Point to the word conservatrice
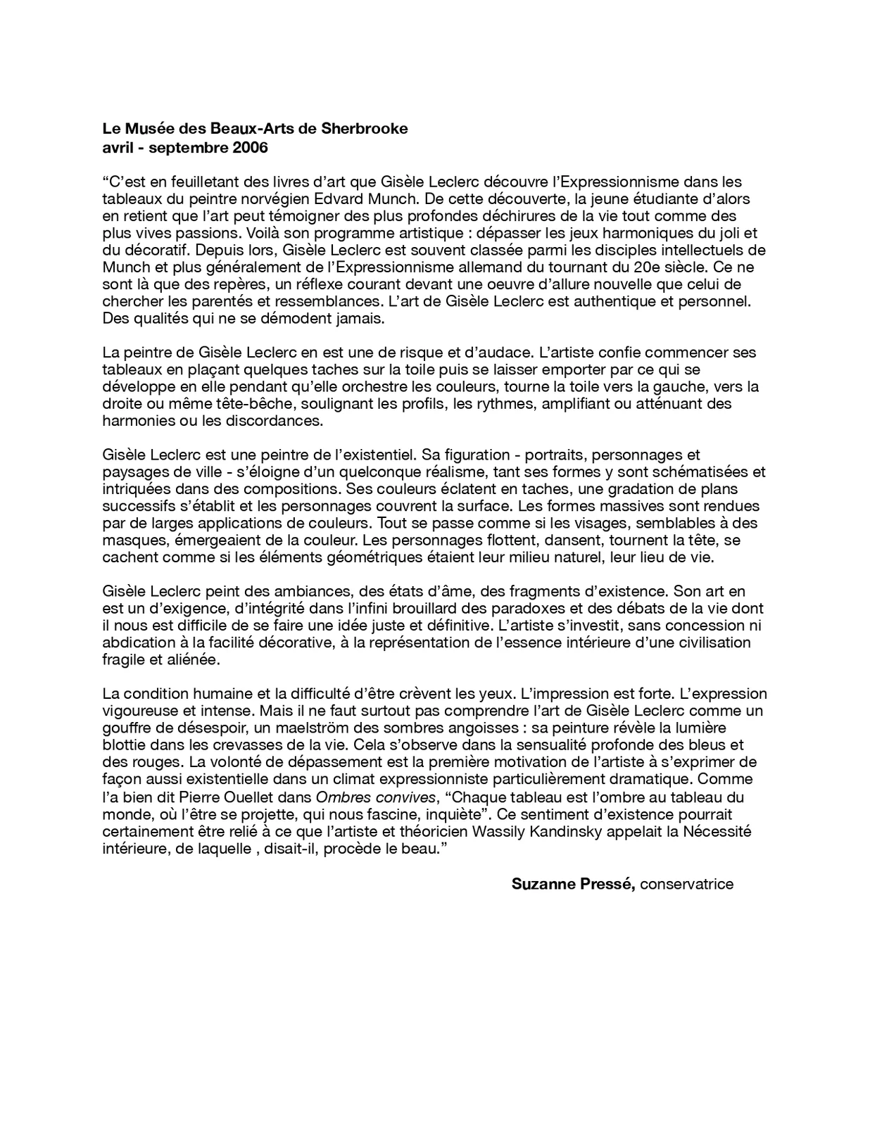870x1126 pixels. pyautogui.click(x=686, y=884)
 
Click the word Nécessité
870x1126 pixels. pyautogui.click(x=717, y=831)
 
